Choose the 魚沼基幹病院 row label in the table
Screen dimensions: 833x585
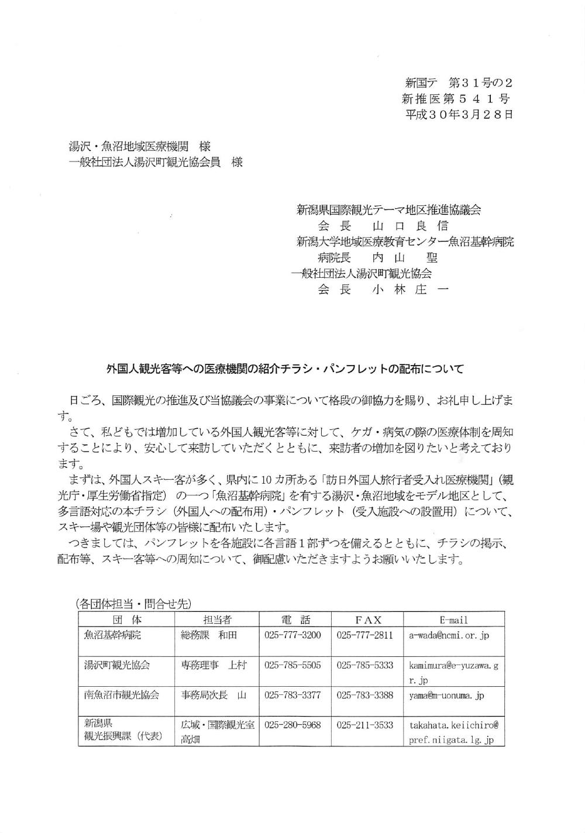pos(113,635)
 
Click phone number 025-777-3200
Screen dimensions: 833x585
pos(292,635)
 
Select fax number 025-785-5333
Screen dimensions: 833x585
pos(365,666)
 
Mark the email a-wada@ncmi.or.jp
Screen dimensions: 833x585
pos(449,635)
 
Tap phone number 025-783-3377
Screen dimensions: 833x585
pos(292,696)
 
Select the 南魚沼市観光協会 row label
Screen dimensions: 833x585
pos(122,696)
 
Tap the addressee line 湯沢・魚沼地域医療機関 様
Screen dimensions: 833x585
pos(140,147)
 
